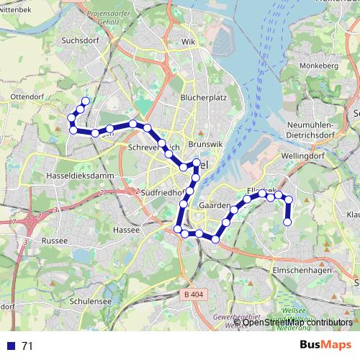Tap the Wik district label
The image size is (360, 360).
pyautogui.click(x=189, y=42)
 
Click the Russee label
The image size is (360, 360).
pyautogui.click(x=54, y=240)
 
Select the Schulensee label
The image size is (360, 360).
pyautogui.click(x=89, y=301)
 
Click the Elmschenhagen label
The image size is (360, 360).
pyautogui.click(x=302, y=270)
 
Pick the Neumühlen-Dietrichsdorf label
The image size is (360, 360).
pyautogui.click(x=310, y=129)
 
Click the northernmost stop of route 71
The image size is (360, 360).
pyautogui.click(x=86, y=102)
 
